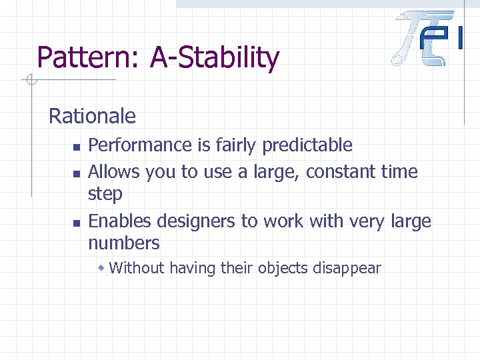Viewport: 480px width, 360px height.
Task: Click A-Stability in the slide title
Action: [x=215, y=58]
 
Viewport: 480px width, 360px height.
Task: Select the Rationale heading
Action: [x=92, y=117]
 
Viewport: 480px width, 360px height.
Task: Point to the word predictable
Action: [x=307, y=145]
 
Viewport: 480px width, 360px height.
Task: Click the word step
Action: [x=105, y=195]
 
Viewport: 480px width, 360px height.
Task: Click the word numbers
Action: [x=124, y=243]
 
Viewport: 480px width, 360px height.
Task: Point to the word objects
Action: [x=283, y=269]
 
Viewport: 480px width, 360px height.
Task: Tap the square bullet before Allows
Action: [x=76, y=173]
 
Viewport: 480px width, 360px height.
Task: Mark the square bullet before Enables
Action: [x=76, y=222]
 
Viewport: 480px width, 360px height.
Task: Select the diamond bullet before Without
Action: [x=101, y=268]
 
